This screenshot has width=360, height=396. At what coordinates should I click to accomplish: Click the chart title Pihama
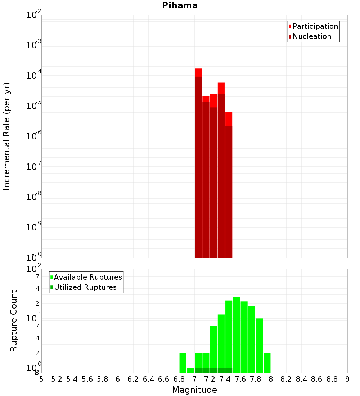click(x=180, y=5)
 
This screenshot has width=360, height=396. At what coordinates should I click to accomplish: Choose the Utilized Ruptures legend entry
click(x=85, y=287)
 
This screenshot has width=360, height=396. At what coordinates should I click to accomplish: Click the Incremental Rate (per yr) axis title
click(x=7, y=136)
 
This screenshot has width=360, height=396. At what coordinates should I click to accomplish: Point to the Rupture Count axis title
click(x=14, y=321)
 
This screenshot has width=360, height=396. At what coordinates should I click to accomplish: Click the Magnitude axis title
click(x=194, y=390)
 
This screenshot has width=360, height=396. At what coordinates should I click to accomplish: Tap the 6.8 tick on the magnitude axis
click(x=179, y=379)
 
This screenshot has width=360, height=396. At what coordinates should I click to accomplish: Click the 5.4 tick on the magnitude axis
click(x=72, y=379)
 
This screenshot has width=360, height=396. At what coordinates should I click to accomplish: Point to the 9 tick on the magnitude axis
click(x=347, y=379)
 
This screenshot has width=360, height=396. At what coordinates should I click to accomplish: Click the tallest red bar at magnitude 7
click(x=198, y=162)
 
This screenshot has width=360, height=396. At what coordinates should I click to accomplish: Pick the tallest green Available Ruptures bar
click(x=236, y=335)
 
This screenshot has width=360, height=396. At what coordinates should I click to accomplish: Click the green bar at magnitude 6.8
click(x=183, y=363)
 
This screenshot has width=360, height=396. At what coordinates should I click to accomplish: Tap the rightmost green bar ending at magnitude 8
click(x=267, y=363)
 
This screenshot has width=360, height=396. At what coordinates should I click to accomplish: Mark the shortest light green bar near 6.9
click(x=190, y=370)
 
